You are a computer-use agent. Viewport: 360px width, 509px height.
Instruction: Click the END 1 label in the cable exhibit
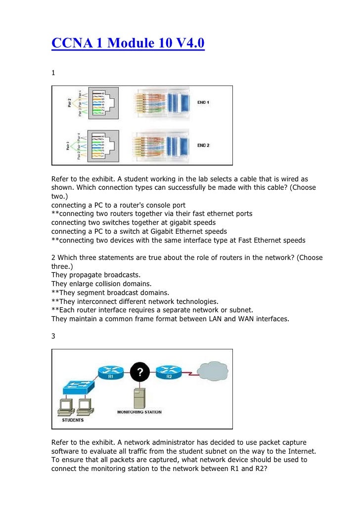tap(203, 103)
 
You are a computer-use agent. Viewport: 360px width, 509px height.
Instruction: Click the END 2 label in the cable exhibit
tap(203, 145)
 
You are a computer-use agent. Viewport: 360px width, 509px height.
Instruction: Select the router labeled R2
tap(168, 372)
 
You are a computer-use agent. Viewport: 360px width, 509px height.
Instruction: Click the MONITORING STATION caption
tap(139, 412)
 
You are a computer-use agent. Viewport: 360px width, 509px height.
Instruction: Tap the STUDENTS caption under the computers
tap(72, 421)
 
